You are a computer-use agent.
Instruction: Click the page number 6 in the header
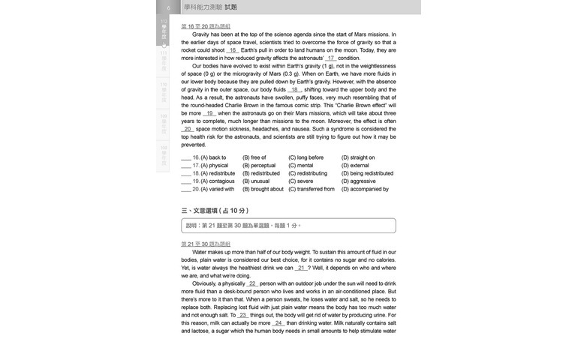click(168, 7)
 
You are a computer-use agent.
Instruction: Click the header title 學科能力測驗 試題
click(210, 7)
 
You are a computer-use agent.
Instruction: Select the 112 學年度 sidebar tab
click(164, 30)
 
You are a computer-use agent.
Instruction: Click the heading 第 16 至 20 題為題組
click(206, 26)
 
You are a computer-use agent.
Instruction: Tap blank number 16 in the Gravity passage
click(232, 50)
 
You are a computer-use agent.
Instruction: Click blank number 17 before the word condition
click(331, 58)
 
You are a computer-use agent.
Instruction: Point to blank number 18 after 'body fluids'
click(294, 89)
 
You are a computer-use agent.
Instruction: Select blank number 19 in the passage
click(209, 113)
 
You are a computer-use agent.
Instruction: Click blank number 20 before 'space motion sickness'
click(188, 129)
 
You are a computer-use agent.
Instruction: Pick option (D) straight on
click(358, 157)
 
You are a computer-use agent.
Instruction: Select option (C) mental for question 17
click(301, 166)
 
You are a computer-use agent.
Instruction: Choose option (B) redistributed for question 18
click(261, 173)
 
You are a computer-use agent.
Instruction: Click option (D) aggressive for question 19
click(359, 181)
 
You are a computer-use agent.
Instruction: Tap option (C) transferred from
click(312, 189)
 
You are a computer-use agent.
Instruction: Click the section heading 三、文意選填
click(215, 211)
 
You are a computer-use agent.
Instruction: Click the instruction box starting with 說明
click(288, 225)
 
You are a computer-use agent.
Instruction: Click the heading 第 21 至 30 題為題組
click(206, 244)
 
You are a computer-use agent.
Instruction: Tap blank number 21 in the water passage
click(301, 268)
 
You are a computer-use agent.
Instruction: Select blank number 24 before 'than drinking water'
click(279, 323)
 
